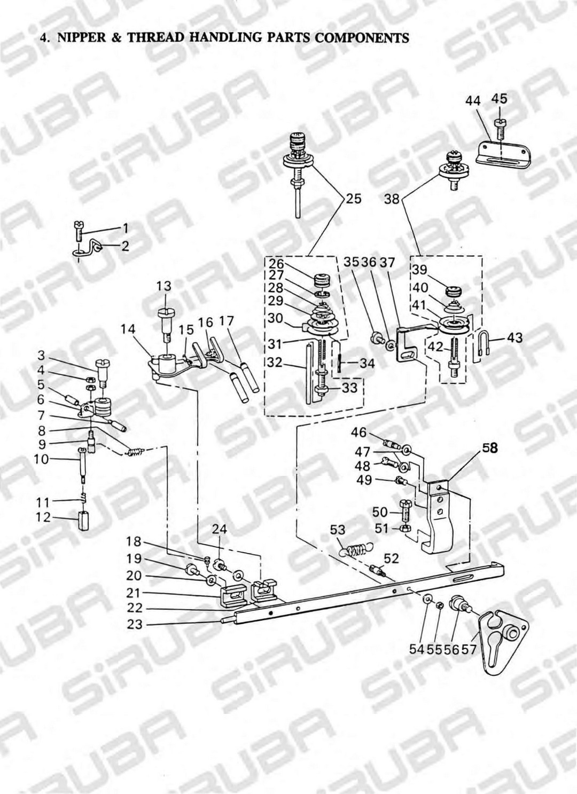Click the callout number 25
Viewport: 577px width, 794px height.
coord(354,199)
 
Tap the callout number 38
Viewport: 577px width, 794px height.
coord(392,200)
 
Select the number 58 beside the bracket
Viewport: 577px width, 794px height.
coord(490,449)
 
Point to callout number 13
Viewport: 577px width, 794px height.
coord(163,287)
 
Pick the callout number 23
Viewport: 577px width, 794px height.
coord(135,623)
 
